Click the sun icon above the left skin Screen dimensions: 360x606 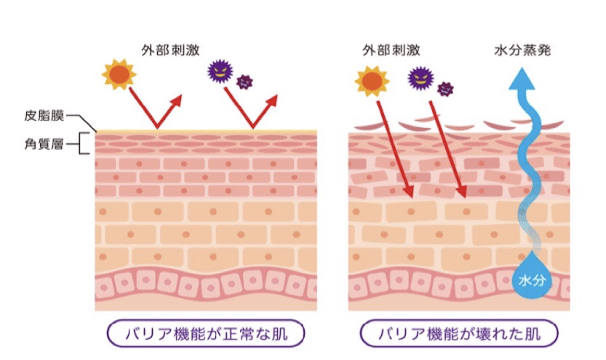tap(118, 75)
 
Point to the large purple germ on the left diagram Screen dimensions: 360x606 tap(220, 72)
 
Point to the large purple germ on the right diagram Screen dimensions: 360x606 tap(419, 76)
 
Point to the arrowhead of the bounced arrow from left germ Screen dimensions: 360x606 tap(278, 98)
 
